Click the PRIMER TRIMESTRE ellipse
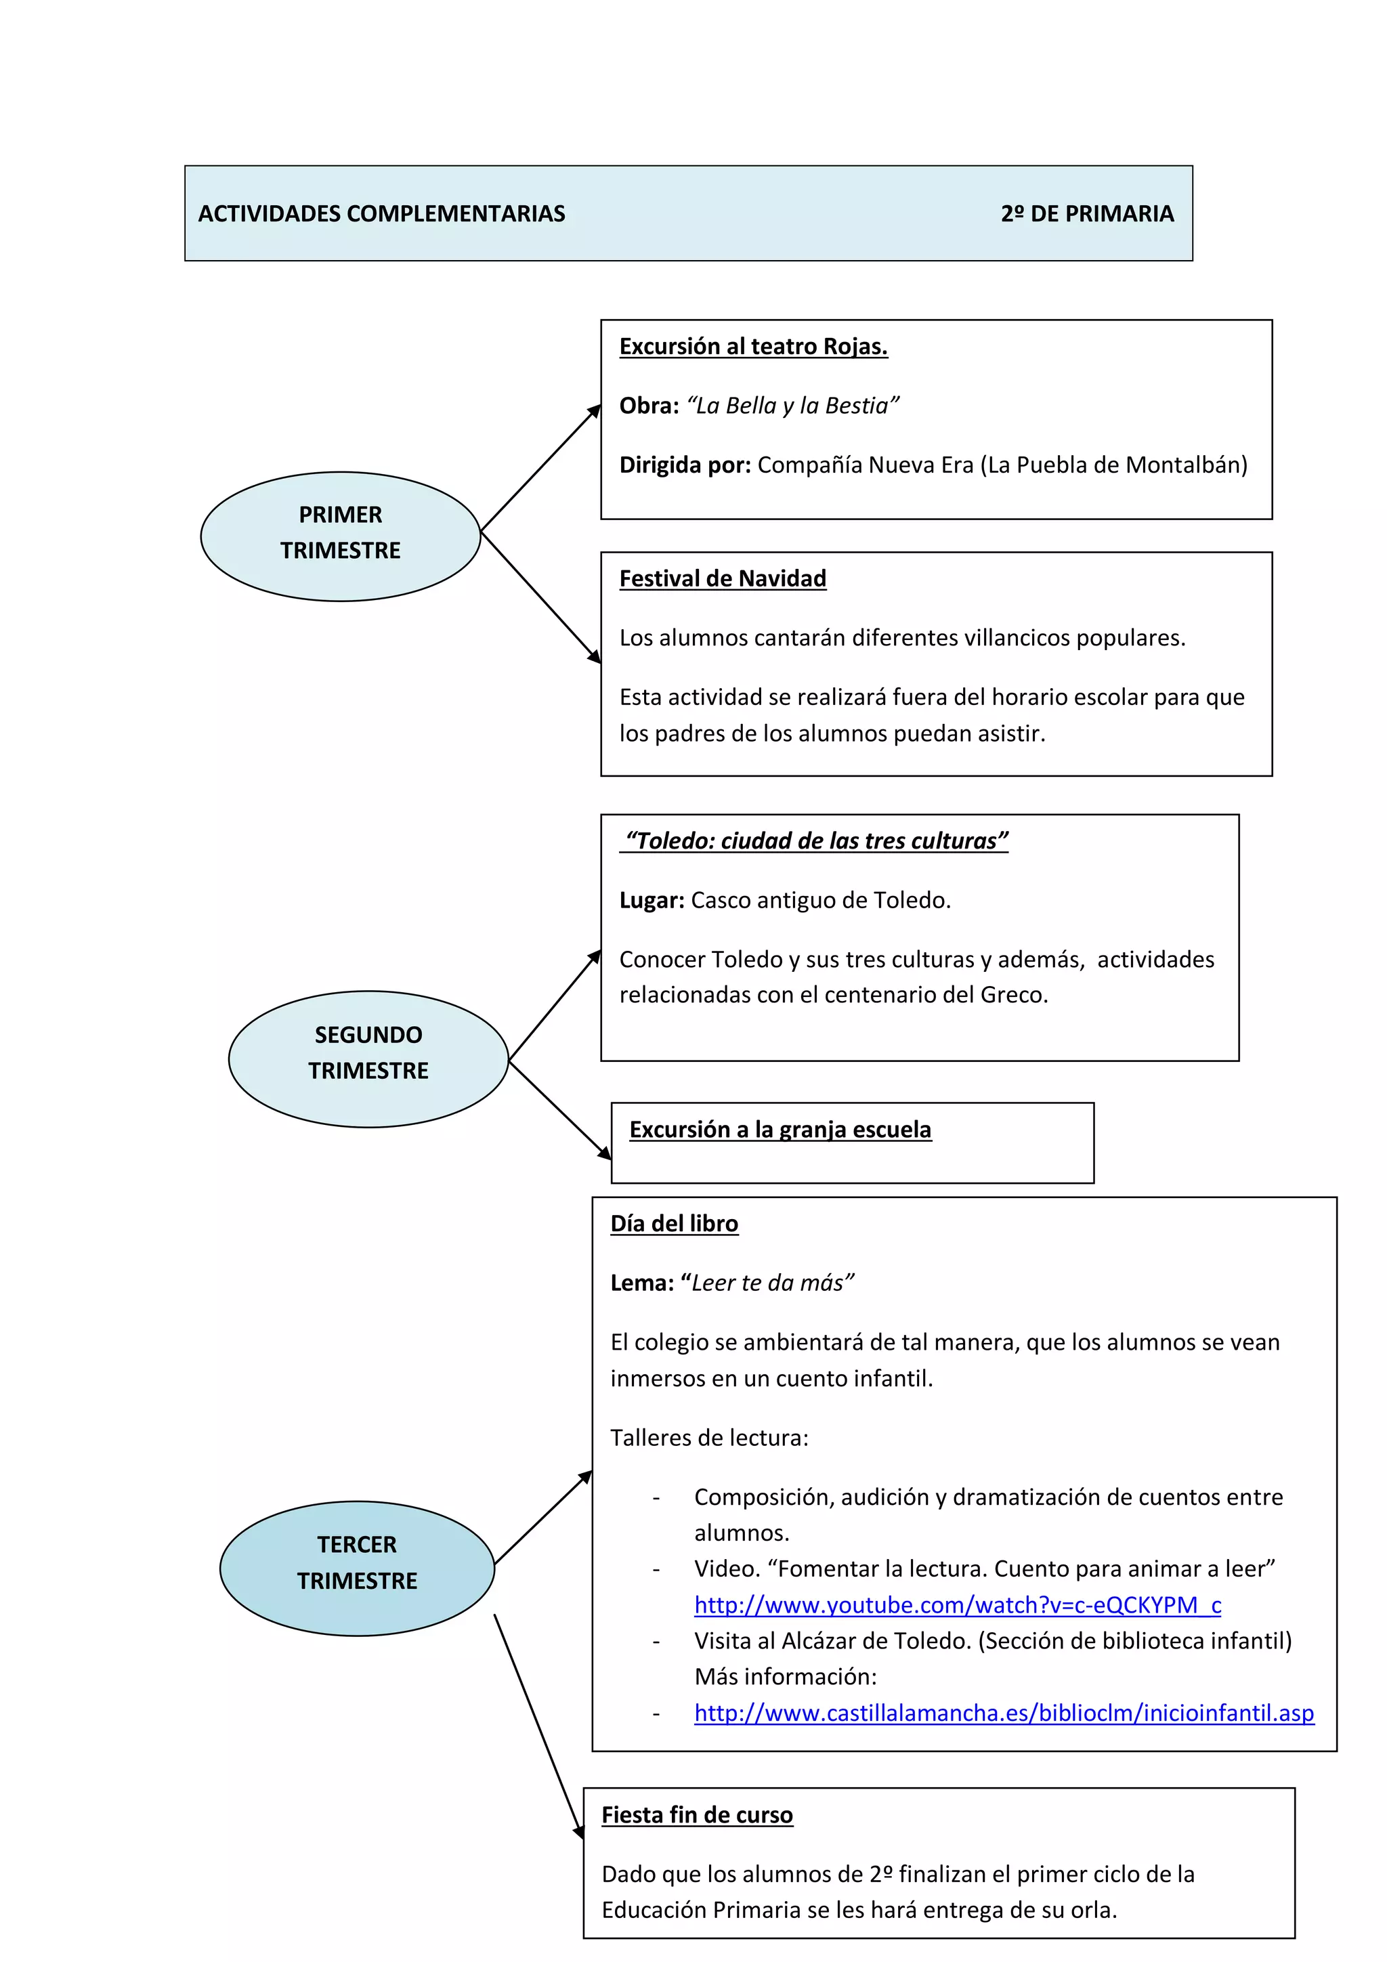(340, 536)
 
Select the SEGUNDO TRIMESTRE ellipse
(368, 1058)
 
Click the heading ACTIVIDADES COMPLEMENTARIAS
(381, 213)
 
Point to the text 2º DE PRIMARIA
(1087, 213)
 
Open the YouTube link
(957, 1605)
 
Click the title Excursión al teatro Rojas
(753, 346)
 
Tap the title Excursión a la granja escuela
(780, 1129)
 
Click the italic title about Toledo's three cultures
(816, 841)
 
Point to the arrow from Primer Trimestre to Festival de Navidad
(541, 597)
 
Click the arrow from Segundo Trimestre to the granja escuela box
(560, 1109)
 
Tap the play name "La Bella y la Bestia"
(792, 405)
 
